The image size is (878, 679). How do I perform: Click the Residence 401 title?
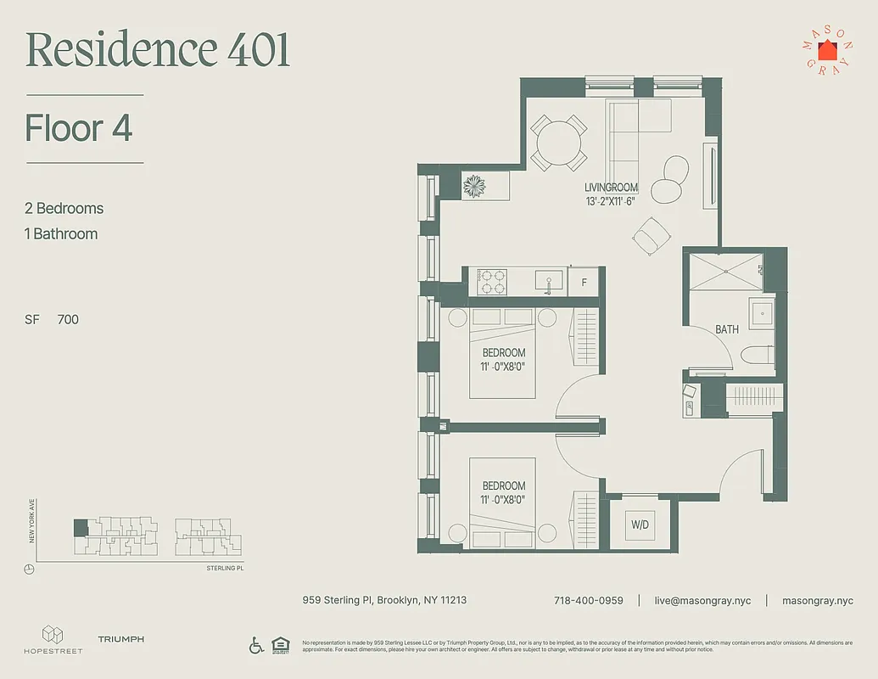[x=158, y=51]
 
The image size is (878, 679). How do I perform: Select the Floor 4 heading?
[x=79, y=129]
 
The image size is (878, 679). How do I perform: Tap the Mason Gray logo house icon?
[x=827, y=50]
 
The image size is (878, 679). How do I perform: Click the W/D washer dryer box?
[x=640, y=525]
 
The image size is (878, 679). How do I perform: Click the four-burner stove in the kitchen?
[x=493, y=282]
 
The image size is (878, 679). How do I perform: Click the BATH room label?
[x=727, y=329]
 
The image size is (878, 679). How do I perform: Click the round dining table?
[x=558, y=143]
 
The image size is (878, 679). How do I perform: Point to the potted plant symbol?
[x=474, y=185]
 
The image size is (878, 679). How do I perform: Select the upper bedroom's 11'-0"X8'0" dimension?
[x=504, y=367]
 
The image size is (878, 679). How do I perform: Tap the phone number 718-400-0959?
[x=588, y=600]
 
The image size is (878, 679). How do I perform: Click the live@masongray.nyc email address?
[x=702, y=600]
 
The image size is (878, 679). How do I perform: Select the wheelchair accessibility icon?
[x=256, y=645]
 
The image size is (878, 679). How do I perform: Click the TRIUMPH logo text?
[x=120, y=639]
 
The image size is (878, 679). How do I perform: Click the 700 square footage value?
[x=68, y=320]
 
